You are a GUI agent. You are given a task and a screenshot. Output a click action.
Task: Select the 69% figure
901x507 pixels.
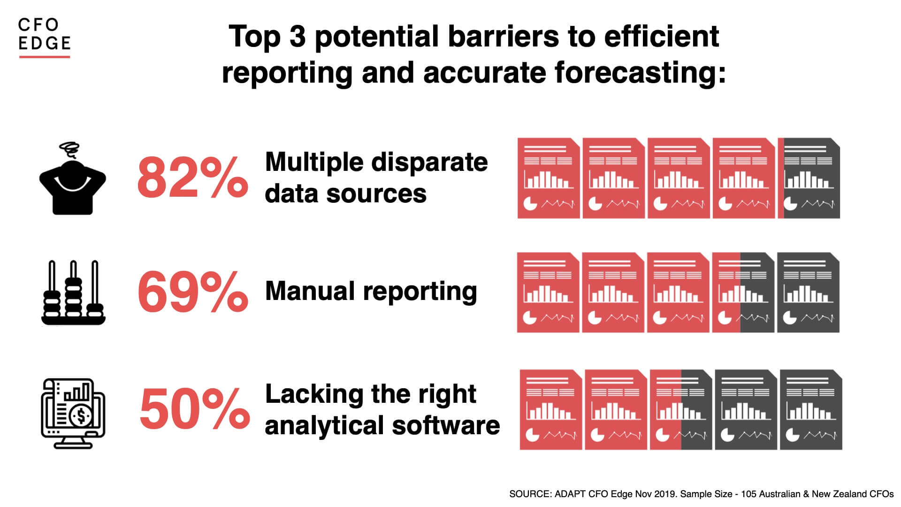[192, 292]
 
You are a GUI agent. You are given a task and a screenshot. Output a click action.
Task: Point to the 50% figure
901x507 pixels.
[194, 408]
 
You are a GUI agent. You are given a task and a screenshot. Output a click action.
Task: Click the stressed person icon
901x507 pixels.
[73, 178]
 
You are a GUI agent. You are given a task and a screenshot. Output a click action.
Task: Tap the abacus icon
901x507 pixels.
[73, 292]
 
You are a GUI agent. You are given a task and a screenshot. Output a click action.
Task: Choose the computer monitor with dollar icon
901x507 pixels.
[73, 413]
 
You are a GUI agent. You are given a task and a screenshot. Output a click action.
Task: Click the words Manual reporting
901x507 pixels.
[371, 291]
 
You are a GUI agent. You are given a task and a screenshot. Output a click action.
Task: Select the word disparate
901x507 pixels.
[429, 163]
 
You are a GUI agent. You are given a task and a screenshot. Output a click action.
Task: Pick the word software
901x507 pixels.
[446, 425]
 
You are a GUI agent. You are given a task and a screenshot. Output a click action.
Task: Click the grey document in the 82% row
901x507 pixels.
[809, 178]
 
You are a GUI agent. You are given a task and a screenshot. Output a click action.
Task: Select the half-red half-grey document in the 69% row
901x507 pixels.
[743, 292]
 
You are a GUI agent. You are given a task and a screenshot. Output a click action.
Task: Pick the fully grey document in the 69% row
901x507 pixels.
[808, 292]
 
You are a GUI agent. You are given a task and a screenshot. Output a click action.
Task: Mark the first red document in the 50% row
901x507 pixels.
[551, 409]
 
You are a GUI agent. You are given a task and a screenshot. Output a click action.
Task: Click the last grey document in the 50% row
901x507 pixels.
[811, 409]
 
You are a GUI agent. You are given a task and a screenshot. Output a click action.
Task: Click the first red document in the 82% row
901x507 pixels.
[549, 178]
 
